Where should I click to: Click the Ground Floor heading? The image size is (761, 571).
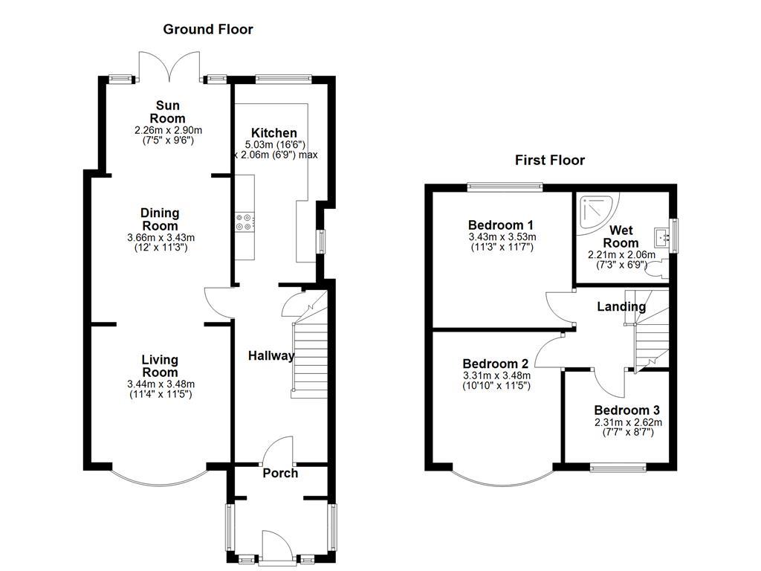[208, 30]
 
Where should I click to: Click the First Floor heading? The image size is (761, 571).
[550, 160]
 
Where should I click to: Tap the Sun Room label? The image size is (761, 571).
[168, 112]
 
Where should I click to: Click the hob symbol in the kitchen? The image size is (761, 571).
[245, 221]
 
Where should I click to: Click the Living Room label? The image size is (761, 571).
[160, 366]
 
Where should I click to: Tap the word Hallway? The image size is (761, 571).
[271, 356]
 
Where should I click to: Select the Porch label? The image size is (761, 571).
[280, 474]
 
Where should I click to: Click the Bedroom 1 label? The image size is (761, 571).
[502, 225]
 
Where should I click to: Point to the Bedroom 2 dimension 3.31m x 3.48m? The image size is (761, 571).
[495, 375]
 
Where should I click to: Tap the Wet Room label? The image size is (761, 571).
[621, 236]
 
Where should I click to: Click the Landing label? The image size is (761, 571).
[621, 306]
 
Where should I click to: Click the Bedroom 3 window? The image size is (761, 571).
[618, 467]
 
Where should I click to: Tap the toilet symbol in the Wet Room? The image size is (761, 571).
[657, 271]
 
